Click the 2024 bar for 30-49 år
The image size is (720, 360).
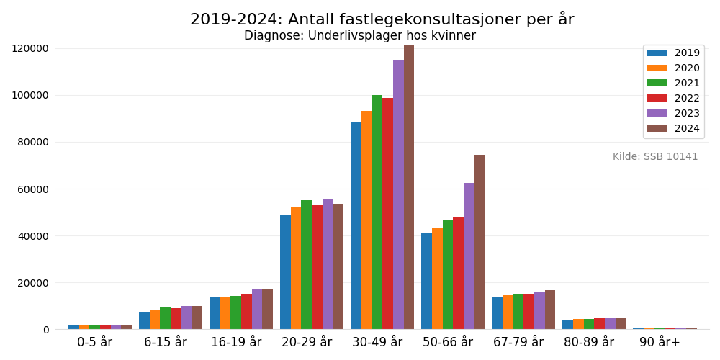pos(409,187)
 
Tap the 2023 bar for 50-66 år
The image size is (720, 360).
pos(469,256)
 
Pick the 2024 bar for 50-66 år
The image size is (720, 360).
pos(480,242)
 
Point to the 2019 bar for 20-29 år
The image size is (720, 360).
pos(285,271)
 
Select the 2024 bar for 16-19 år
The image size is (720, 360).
pos(267,309)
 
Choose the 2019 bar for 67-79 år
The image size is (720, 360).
pos(497,313)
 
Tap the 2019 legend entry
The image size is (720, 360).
pos(672,53)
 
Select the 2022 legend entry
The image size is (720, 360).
pos(672,98)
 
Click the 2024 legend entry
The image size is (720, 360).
pos(672,128)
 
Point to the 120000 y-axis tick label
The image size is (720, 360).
pos(30,48)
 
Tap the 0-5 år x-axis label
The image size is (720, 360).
pos(95,342)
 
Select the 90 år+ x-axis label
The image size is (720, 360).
pos(660,342)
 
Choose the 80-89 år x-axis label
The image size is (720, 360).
pos(589,342)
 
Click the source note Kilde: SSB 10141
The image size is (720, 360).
pos(655,157)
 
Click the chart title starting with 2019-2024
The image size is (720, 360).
pos(382,19)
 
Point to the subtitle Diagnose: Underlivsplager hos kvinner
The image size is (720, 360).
pos(360,36)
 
